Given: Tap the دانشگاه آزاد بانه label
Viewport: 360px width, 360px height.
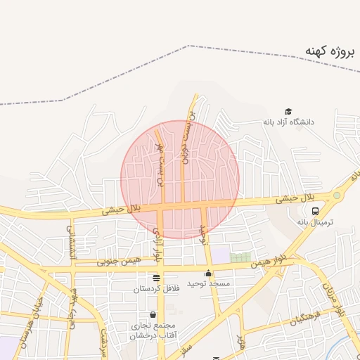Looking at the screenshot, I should tap(288, 122).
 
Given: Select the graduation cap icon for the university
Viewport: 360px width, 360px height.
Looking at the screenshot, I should tap(288, 111).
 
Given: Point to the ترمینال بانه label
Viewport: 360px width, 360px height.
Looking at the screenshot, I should tap(314, 221).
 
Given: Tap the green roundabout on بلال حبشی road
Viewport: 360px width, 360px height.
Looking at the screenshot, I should tap(337, 195).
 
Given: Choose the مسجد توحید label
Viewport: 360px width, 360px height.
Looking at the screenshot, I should tap(209, 284).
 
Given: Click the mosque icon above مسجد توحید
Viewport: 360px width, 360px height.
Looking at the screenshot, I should tap(209, 274).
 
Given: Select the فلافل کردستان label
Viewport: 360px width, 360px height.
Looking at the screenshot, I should tap(156, 288).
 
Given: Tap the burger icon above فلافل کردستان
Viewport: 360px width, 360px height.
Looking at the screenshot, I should tap(156, 278).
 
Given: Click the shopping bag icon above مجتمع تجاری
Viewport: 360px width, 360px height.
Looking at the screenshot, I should tap(153, 314).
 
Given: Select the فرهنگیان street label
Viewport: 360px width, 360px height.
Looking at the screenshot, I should tap(307, 317).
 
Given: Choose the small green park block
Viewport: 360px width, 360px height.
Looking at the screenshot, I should tap(241, 257).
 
